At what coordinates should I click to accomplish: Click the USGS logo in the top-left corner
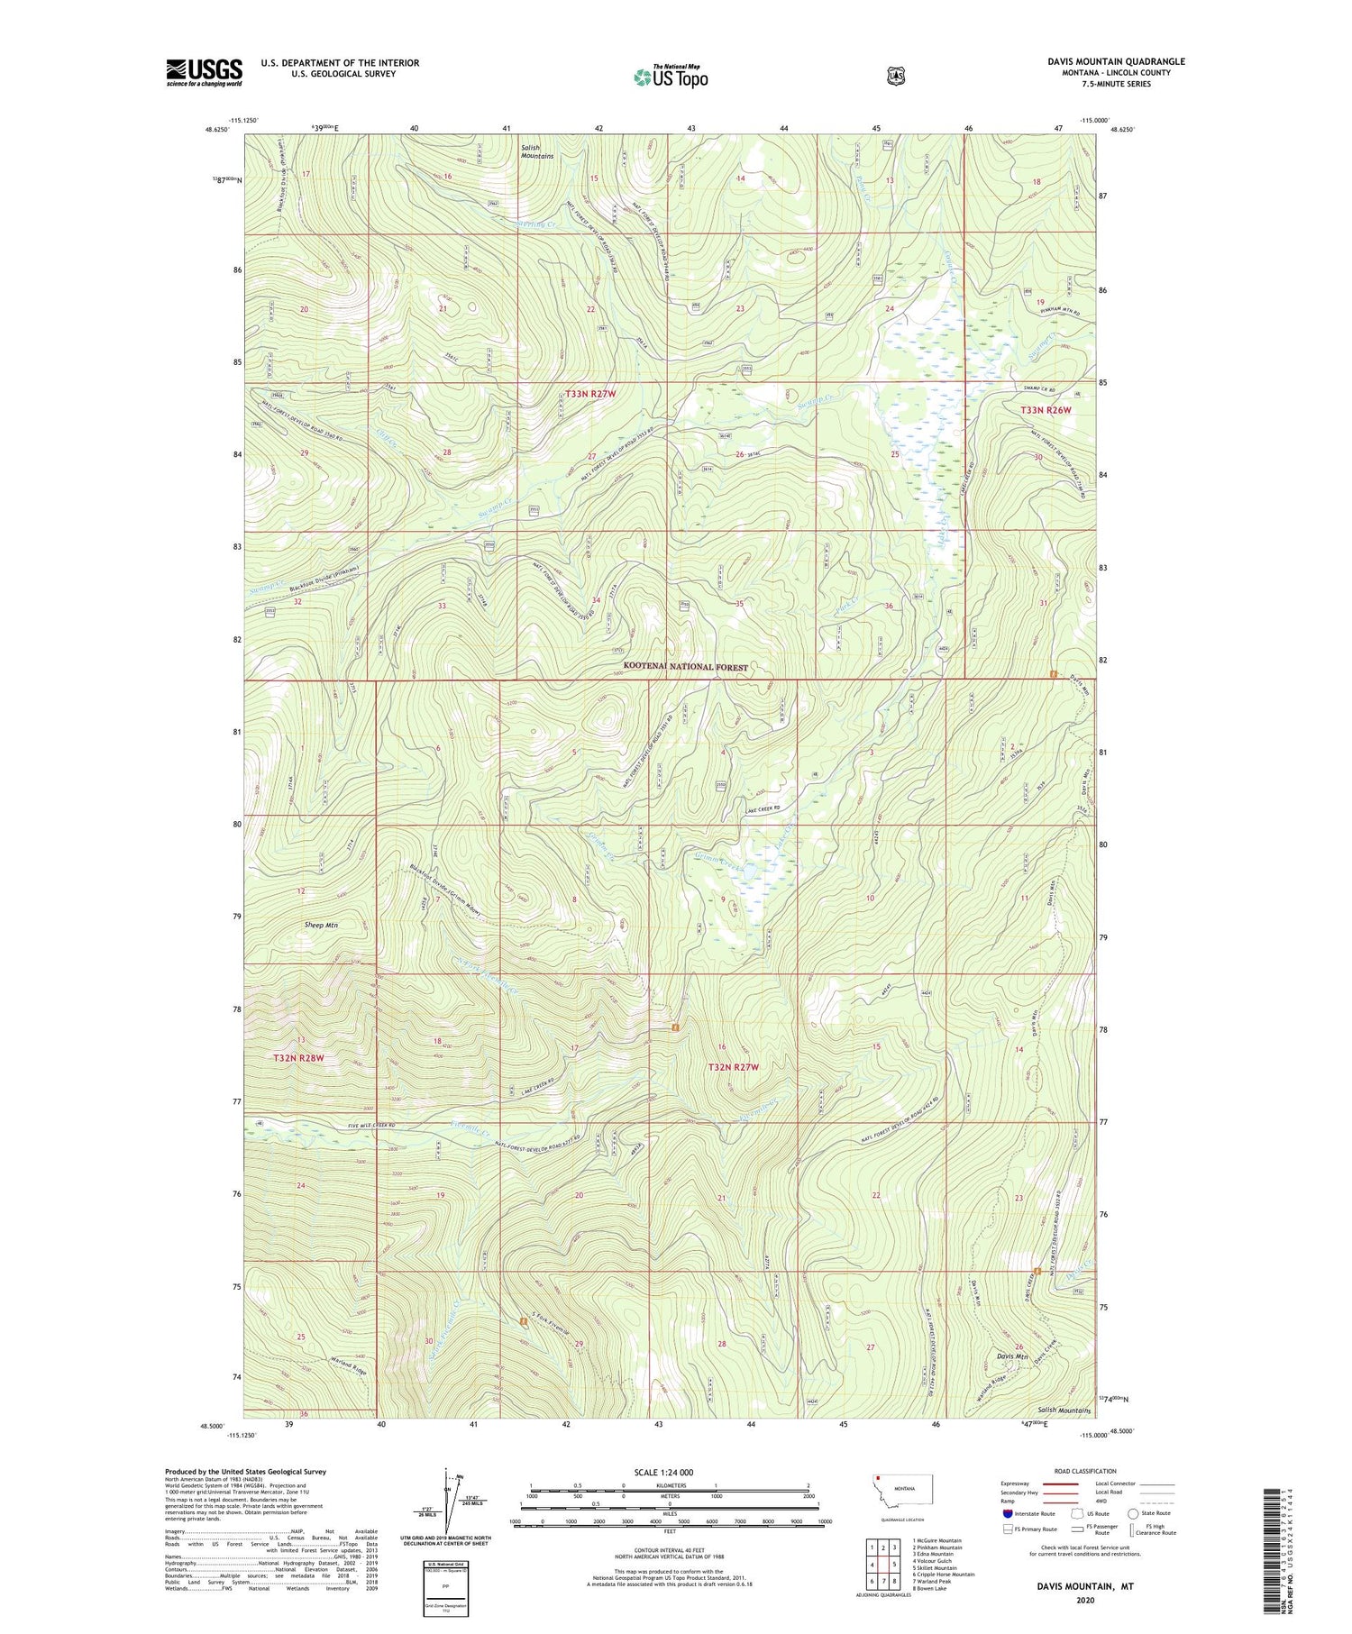point(204,72)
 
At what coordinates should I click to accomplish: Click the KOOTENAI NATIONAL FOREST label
point(685,667)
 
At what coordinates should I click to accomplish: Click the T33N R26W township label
point(1046,410)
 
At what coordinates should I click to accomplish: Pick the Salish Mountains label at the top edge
point(536,151)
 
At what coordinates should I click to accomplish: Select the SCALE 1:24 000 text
point(670,1472)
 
